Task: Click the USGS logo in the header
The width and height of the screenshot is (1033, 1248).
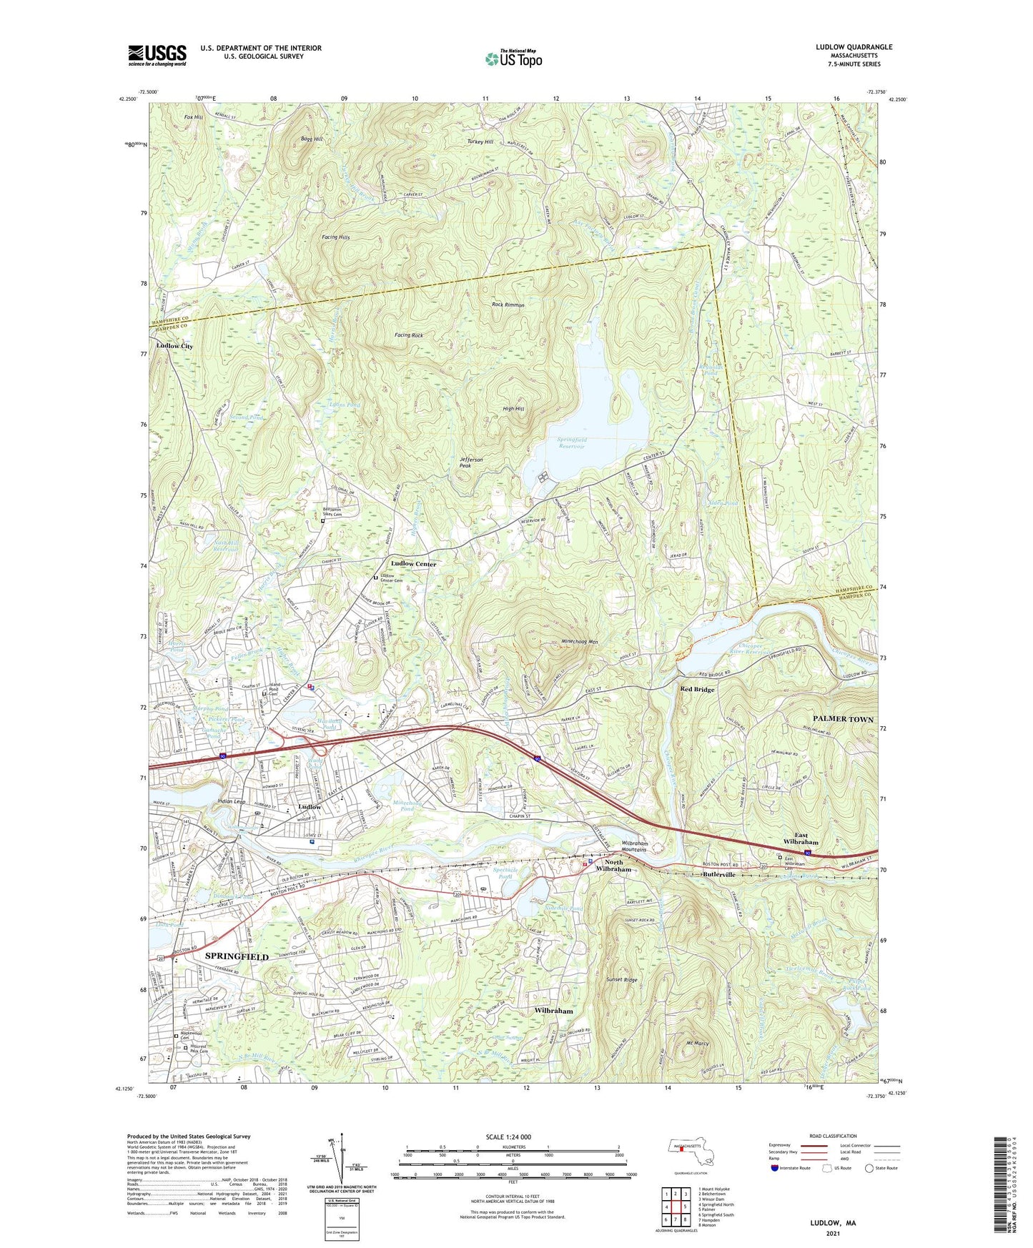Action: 157,54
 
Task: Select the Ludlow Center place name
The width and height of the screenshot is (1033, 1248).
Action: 413,564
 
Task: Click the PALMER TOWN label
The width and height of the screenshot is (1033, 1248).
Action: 843,719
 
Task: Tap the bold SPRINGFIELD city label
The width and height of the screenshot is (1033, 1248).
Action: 237,956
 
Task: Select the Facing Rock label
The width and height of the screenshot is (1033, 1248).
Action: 408,335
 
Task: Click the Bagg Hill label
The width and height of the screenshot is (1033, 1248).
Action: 312,139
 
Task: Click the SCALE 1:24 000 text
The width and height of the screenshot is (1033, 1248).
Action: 508,1137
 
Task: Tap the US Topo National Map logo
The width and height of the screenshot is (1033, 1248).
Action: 513,58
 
